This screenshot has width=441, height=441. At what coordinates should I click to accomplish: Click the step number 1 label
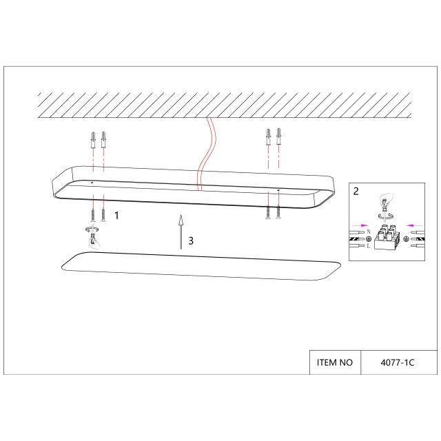(116, 216)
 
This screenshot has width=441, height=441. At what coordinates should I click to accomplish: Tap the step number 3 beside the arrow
(191, 240)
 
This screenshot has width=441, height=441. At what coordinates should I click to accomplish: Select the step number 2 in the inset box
(356, 192)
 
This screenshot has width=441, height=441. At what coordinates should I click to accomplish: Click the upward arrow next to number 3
(181, 232)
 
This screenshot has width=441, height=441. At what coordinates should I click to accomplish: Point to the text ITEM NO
(335, 362)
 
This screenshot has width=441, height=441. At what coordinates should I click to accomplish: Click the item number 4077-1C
(398, 362)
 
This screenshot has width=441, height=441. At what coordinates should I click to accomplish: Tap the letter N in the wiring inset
(369, 232)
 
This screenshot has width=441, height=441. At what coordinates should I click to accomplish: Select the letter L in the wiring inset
(369, 246)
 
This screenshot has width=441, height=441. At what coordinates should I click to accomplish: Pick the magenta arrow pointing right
(360, 225)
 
